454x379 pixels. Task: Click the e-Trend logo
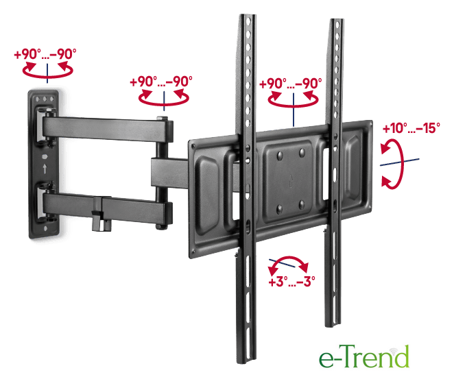click(x=364, y=356)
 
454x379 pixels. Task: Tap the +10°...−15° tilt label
click(x=411, y=128)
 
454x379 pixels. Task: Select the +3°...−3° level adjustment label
click(x=291, y=281)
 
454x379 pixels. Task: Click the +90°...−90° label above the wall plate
click(x=45, y=54)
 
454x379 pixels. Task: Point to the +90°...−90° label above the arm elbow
click(x=161, y=82)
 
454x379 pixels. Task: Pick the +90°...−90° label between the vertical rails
click(x=290, y=84)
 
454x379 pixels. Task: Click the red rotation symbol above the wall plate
click(x=47, y=70)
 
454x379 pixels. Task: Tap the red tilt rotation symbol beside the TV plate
click(x=392, y=164)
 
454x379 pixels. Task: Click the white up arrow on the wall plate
click(x=45, y=168)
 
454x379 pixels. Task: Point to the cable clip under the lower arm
click(x=101, y=221)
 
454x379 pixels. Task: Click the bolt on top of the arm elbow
click(x=162, y=118)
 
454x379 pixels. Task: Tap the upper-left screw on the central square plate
click(x=280, y=156)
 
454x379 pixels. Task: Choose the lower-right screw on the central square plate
click(x=302, y=205)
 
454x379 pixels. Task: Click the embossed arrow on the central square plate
click(x=290, y=180)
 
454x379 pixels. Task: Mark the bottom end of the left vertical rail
click(x=246, y=362)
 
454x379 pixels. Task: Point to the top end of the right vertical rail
click(x=337, y=21)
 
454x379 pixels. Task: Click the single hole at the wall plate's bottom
click(x=45, y=229)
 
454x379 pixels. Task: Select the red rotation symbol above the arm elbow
click(x=164, y=97)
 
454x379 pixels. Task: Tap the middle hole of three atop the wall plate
click(x=45, y=99)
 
